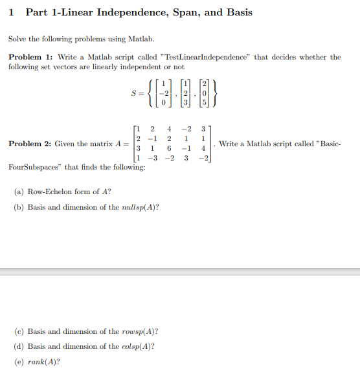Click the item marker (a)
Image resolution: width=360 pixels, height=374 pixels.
(19, 192)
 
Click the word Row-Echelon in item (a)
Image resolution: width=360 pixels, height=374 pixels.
(49, 192)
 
